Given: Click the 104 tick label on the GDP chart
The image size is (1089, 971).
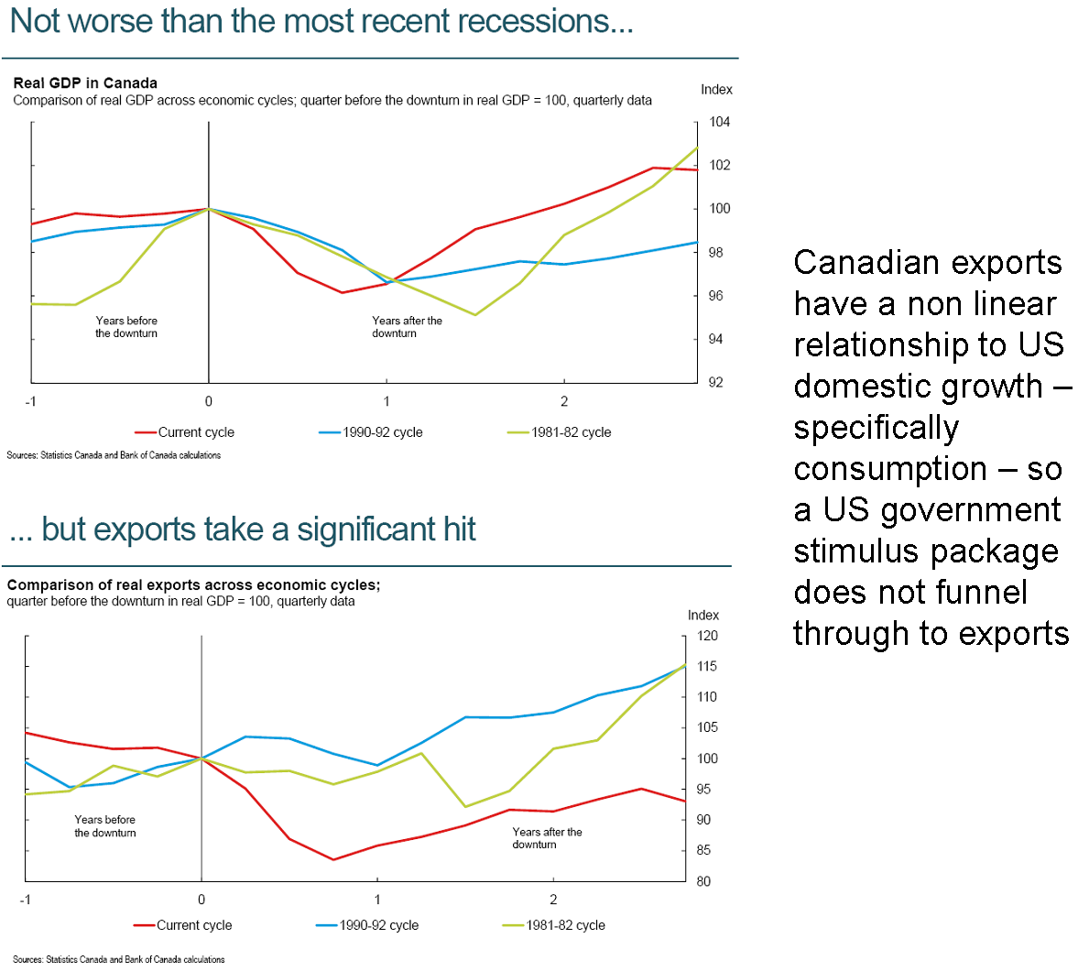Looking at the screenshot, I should pyautogui.click(x=720, y=122).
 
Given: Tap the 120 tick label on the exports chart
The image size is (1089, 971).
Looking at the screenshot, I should pyautogui.click(x=707, y=636).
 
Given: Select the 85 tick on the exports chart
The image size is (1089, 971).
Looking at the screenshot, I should pyautogui.click(x=703, y=851).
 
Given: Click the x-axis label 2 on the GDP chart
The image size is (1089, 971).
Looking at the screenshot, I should pyautogui.click(x=564, y=401).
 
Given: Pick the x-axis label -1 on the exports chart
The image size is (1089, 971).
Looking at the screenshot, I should pyautogui.click(x=26, y=900).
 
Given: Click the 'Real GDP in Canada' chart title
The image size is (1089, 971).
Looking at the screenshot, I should pyautogui.click(x=85, y=82).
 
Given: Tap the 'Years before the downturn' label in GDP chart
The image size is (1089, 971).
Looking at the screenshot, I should pyautogui.click(x=126, y=327).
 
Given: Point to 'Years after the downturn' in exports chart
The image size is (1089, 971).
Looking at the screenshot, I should pyautogui.click(x=547, y=838).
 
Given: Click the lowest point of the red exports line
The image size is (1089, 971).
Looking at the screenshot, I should pyautogui.click(x=333, y=859).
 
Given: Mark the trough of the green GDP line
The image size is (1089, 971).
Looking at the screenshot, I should pyautogui.click(x=475, y=314).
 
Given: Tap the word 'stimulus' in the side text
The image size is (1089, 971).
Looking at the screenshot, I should pyautogui.click(x=856, y=551).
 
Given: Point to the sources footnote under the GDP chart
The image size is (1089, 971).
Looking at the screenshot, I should pyautogui.click(x=114, y=455).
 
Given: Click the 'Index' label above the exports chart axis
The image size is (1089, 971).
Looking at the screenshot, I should pyautogui.click(x=703, y=615).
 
